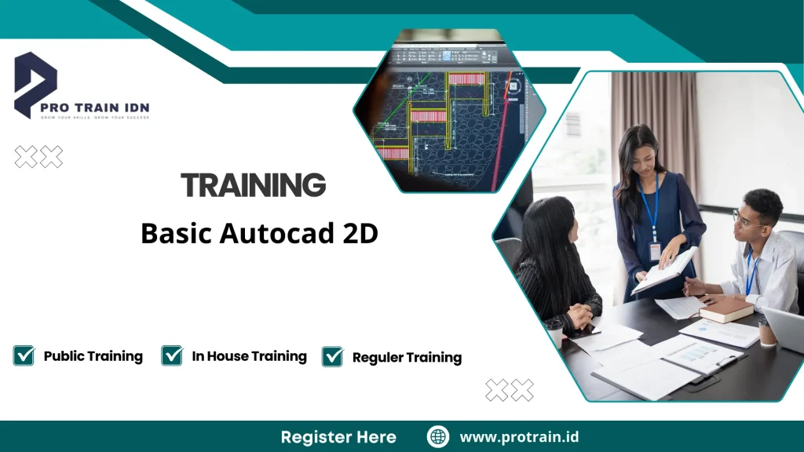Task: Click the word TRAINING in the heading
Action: tap(253, 186)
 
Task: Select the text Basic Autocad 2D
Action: tap(259, 233)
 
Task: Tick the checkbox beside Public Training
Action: tap(24, 355)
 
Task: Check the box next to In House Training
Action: tap(172, 355)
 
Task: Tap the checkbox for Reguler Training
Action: tap(332, 356)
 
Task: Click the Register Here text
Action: tap(338, 437)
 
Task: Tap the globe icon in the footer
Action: tap(437, 437)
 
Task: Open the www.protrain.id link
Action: tap(519, 437)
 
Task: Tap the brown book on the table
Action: tap(726, 309)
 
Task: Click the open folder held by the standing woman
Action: tap(664, 272)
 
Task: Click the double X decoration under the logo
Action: tap(38, 157)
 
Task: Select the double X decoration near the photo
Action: tap(509, 389)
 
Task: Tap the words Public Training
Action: tap(93, 356)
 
